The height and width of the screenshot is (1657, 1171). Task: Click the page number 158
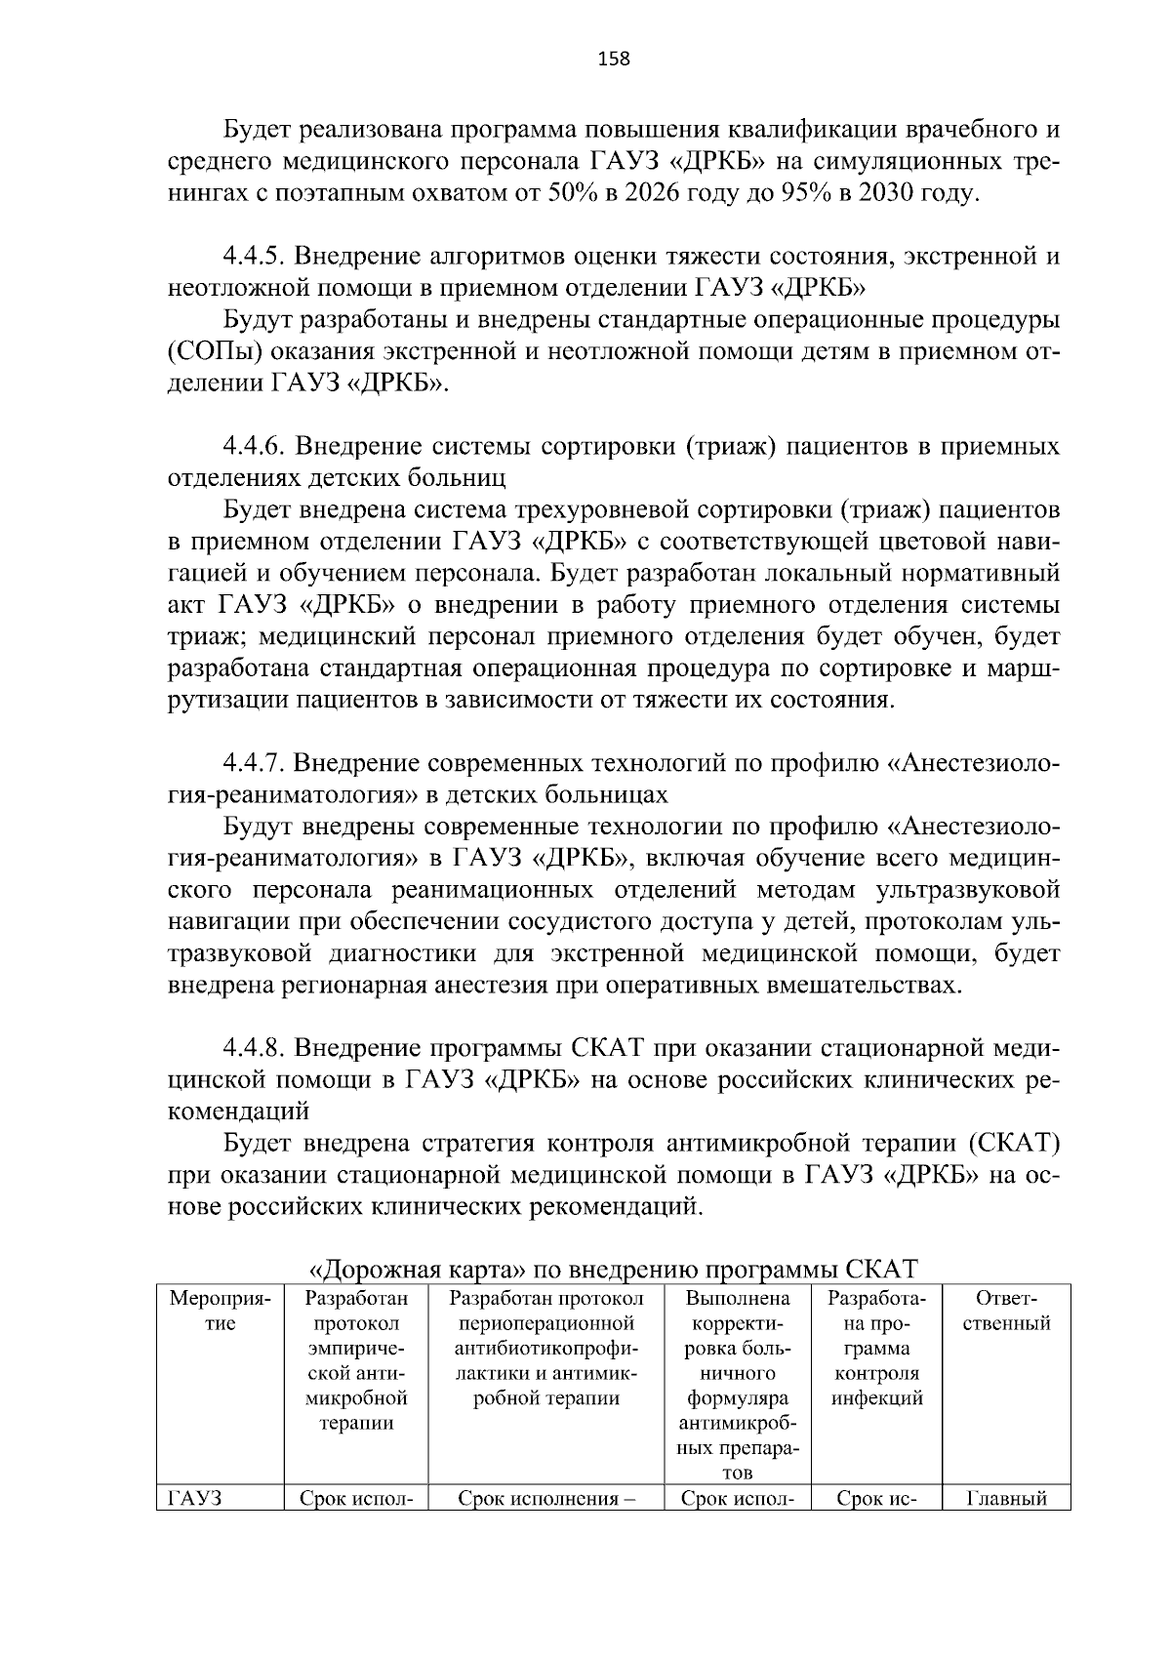coord(613,59)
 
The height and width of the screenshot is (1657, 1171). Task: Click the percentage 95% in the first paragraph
coord(805,193)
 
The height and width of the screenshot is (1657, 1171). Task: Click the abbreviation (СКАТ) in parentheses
coord(1014,1143)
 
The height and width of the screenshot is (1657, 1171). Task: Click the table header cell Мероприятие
coord(220,1312)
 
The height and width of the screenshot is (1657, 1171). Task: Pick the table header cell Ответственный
coord(1005,1312)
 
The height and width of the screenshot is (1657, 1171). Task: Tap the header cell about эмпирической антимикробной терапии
coord(356,1360)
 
